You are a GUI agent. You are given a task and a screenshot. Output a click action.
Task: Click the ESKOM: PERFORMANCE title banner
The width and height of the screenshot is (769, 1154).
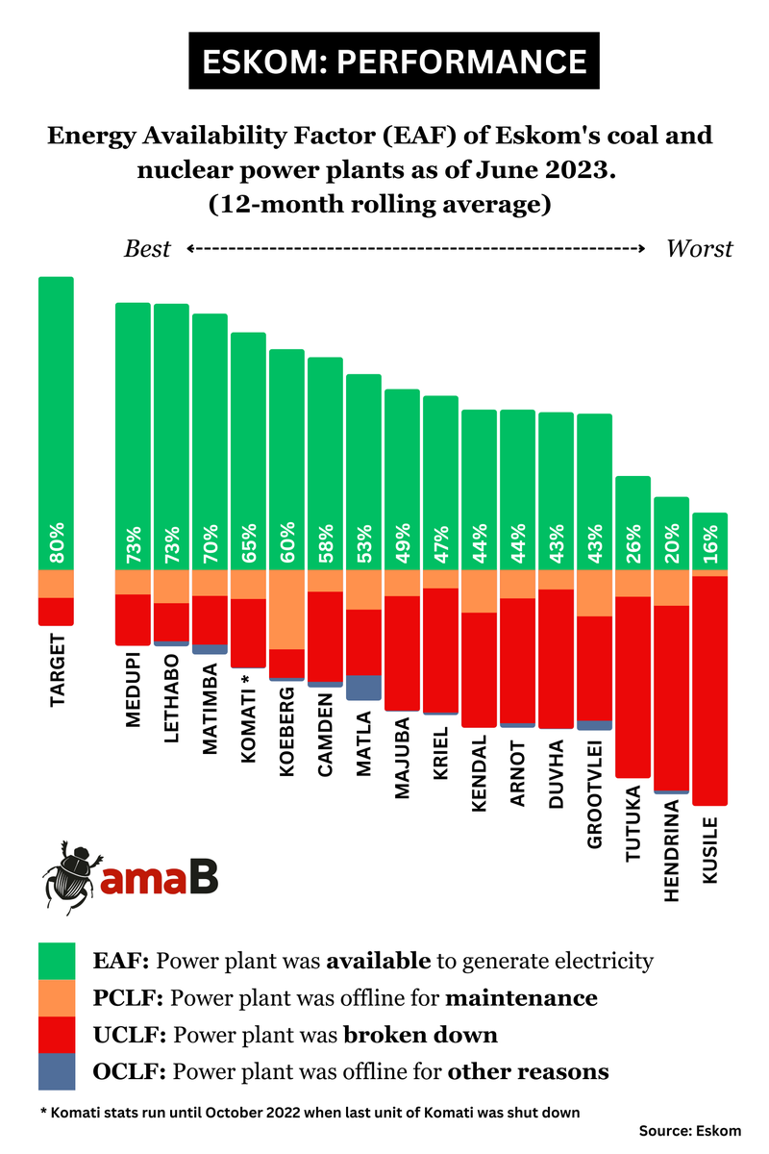click(x=393, y=61)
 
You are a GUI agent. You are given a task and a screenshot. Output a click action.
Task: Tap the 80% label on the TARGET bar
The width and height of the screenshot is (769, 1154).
click(x=57, y=544)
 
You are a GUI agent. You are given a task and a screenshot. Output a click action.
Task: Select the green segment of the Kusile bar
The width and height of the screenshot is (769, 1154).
click(x=709, y=540)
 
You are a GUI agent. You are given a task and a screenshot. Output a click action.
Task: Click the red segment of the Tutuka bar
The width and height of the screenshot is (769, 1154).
click(x=633, y=687)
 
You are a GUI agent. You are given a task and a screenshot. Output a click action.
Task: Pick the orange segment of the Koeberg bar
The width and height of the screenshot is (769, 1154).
click(x=286, y=610)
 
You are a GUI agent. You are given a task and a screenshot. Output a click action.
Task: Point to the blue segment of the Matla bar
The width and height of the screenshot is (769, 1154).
click(x=363, y=688)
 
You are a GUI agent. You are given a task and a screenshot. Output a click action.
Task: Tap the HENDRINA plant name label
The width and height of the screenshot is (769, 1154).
click(x=672, y=851)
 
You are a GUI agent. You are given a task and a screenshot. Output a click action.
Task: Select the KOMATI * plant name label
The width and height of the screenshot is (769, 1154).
click(x=248, y=716)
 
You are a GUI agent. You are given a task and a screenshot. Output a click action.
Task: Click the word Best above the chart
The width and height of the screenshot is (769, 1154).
click(x=147, y=249)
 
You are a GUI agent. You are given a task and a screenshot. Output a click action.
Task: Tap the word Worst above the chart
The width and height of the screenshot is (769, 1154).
click(x=699, y=249)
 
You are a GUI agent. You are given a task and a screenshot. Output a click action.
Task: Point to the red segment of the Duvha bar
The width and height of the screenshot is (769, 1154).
click(x=556, y=659)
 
